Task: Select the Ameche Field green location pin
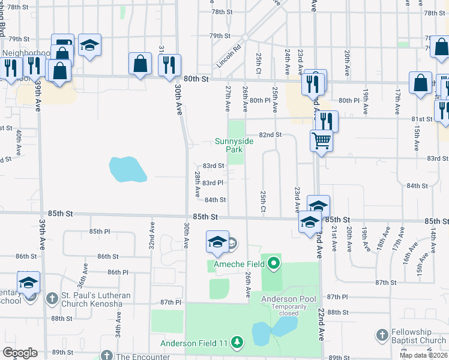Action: click(274, 262)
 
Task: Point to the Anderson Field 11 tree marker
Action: click(238, 343)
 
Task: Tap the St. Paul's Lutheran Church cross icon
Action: click(52, 297)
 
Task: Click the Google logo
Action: click(20, 353)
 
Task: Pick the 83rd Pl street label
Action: click(213, 182)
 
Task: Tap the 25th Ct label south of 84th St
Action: click(263, 202)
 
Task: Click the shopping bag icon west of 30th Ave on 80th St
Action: click(140, 63)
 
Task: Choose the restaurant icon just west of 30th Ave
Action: click(169, 63)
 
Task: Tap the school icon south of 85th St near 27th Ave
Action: click(217, 241)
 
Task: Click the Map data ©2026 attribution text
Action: click(423, 355)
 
